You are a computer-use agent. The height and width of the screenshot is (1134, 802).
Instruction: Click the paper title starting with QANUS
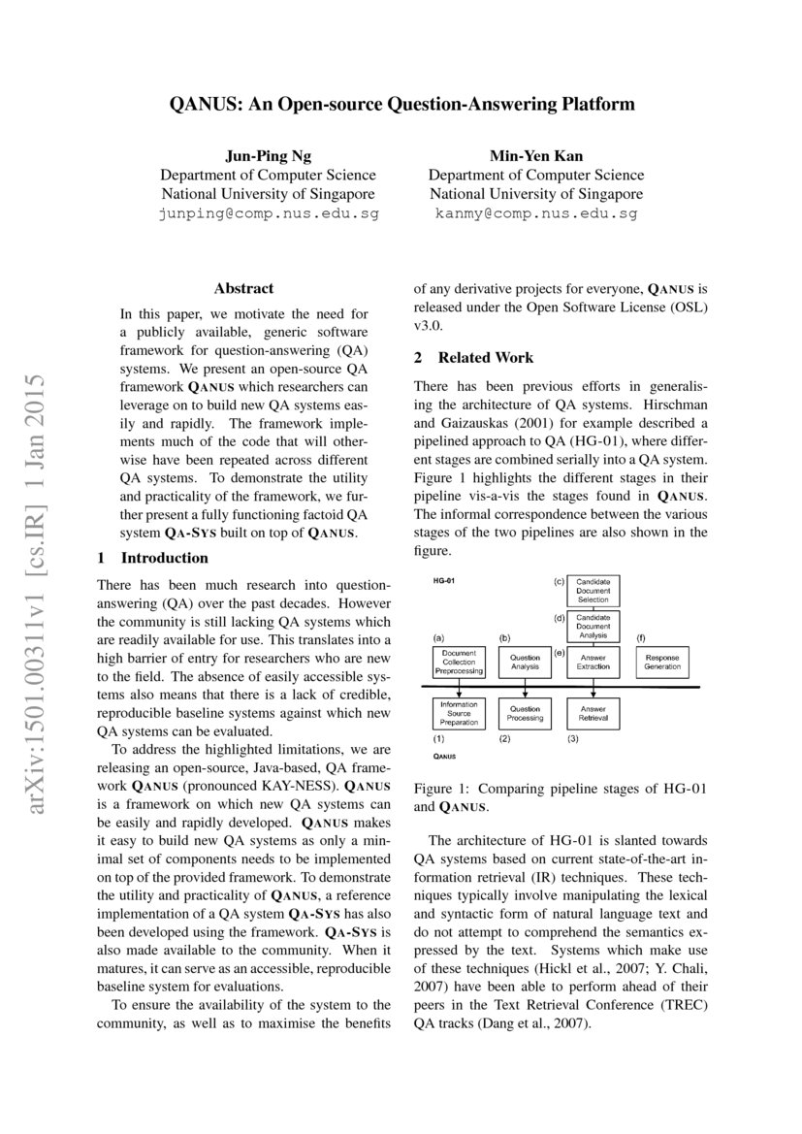401,103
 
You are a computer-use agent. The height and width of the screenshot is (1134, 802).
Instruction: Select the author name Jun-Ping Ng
268,155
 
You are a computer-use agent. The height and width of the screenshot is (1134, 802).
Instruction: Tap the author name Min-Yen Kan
536,155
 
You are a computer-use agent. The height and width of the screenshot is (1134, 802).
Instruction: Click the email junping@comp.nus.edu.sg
268,212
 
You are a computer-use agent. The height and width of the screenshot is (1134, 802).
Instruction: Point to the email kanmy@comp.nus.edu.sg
536,212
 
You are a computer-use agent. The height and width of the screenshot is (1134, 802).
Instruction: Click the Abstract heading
243,288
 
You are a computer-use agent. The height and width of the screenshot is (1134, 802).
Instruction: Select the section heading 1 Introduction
153,558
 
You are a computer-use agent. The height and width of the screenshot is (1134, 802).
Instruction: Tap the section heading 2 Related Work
473,357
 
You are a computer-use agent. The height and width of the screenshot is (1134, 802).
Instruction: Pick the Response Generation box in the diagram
662,662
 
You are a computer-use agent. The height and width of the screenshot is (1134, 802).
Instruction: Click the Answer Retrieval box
593,714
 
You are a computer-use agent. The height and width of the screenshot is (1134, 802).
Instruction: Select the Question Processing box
525,714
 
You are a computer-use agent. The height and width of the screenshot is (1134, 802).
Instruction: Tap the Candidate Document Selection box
593,591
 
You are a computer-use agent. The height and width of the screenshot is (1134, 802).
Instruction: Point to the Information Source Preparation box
459,714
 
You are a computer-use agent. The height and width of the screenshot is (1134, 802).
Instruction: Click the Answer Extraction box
593,662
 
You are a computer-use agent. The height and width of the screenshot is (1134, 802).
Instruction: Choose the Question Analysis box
525,662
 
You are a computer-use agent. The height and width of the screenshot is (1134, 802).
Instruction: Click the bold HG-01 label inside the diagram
444,581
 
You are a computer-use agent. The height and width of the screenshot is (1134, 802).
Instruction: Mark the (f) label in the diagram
640,637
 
